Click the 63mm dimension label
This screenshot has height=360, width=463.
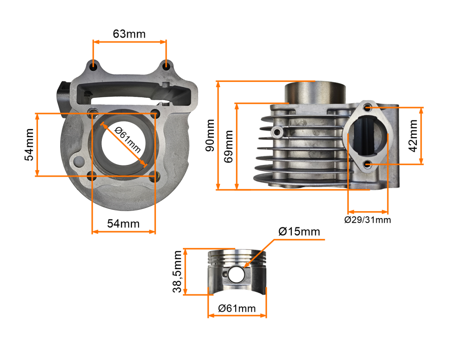(x=129, y=34)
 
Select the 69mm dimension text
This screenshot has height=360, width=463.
(x=228, y=146)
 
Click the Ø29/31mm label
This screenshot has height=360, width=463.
(x=368, y=220)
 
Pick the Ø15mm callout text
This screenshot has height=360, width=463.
(x=299, y=231)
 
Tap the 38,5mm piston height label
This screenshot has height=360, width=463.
(x=177, y=272)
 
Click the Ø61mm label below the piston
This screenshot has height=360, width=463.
(x=237, y=308)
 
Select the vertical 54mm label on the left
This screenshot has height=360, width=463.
(x=29, y=145)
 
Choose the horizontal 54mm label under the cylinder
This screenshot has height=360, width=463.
(x=123, y=223)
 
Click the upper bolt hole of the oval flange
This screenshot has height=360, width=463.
(x=368, y=107)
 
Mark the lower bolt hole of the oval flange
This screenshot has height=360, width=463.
(x=368, y=164)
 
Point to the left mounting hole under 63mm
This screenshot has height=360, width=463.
(x=94, y=66)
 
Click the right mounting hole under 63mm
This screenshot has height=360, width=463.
(x=166, y=67)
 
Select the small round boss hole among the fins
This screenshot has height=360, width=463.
(x=277, y=132)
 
